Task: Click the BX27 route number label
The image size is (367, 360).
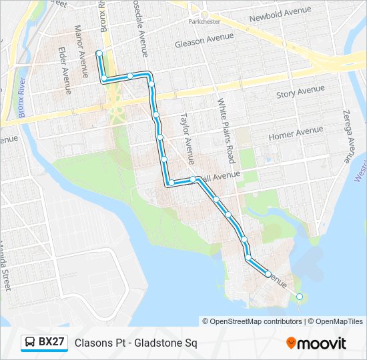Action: coord(51,343)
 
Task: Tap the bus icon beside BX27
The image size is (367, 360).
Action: coord(30,343)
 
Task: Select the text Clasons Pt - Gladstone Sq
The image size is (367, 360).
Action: coord(135,343)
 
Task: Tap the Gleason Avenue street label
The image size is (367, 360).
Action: coord(204,42)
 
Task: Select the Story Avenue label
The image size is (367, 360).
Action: coord(300,92)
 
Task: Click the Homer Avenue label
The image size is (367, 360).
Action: coord(295,133)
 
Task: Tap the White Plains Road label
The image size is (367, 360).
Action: coord(227,131)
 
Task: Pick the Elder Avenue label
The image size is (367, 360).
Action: coord(64,69)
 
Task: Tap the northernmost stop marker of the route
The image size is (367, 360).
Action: coord(99,52)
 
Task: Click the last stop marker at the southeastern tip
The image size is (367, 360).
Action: coord(300,297)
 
